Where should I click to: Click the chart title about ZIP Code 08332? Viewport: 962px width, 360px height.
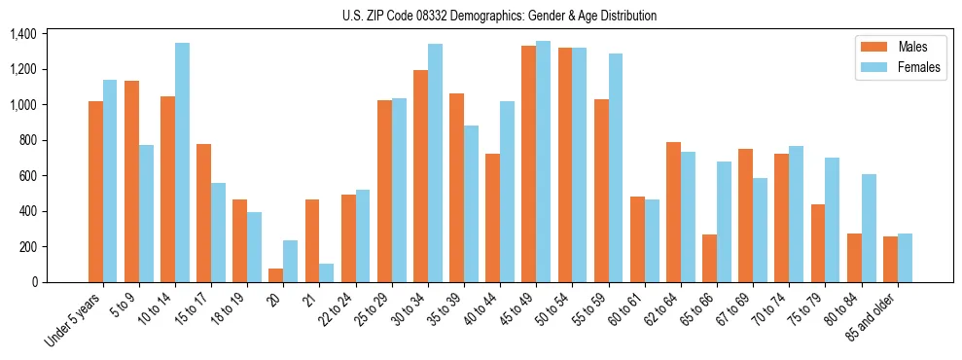coord(499,16)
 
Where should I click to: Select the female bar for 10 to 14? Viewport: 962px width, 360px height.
coord(182,162)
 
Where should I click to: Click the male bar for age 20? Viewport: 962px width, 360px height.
coord(276,275)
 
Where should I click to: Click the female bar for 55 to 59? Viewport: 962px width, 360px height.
coord(615,168)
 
